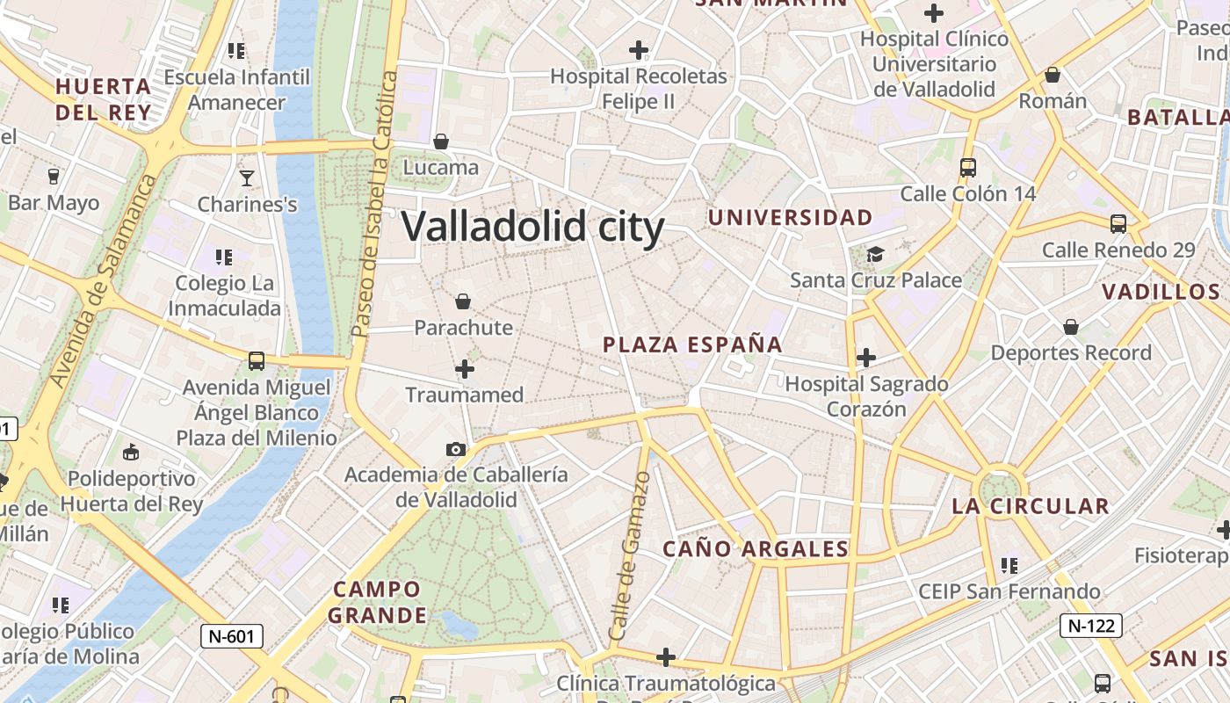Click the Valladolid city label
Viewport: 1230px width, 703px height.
tap(532, 227)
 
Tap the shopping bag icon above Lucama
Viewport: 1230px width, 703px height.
tap(441, 141)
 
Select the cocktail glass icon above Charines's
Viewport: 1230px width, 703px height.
tap(247, 178)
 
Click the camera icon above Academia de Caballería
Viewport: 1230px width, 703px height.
tap(455, 449)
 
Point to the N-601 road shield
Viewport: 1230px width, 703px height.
tap(232, 636)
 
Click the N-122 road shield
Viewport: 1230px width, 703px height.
tap(1091, 626)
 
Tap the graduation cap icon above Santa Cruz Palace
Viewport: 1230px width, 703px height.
tap(875, 255)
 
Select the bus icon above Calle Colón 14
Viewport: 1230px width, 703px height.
tap(968, 167)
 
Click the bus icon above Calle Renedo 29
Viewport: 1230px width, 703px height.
tap(1118, 224)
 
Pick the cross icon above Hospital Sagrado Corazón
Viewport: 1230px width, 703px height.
tap(866, 358)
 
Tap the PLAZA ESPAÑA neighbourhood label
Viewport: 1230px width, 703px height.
tap(692, 344)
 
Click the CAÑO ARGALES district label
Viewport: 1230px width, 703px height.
tap(756, 549)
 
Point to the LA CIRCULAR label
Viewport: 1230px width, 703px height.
tap(1031, 506)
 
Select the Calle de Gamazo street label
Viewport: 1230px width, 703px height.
tap(630, 555)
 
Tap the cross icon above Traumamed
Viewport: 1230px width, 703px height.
tap(465, 369)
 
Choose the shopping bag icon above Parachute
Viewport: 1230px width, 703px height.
tap(463, 302)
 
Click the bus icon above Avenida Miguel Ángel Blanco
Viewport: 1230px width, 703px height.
tap(257, 360)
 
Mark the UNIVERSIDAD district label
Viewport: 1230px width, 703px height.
tap(791, 218)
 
